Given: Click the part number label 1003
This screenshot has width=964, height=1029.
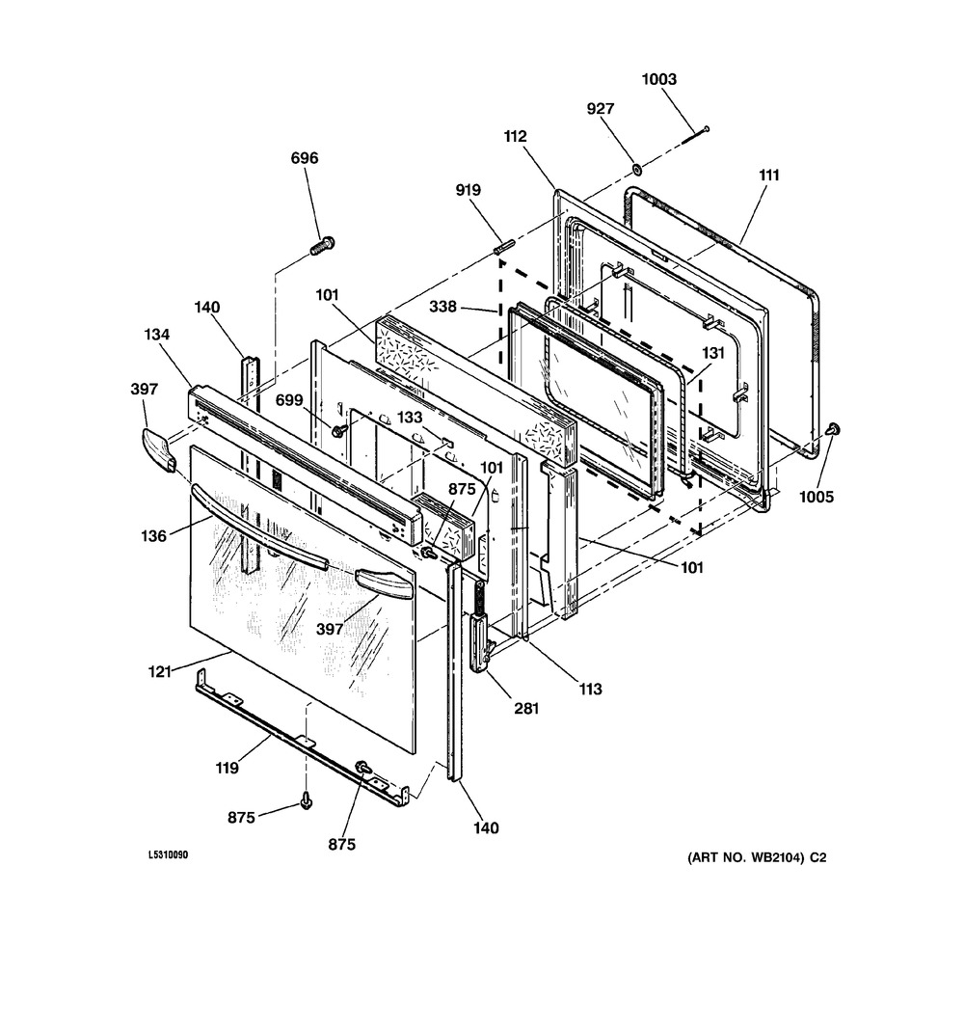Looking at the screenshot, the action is click(658, 79).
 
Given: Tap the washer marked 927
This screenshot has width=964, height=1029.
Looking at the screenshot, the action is click(636, 170).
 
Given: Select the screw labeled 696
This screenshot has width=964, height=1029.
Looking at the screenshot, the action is click(322, 246).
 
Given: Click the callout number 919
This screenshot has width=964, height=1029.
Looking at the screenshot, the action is click(469, 190).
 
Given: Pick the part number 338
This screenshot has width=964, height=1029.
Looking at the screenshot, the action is click(442, 307).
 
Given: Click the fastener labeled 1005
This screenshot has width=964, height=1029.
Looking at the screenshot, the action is click(834, 430).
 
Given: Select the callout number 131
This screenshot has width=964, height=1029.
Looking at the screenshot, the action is click(713, 353).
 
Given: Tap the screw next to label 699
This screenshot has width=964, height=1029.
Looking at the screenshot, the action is click(339, 430).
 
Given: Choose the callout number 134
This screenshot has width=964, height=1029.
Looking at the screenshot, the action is click(157, 335).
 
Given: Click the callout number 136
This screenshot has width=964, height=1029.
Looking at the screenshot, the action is click(153, 536).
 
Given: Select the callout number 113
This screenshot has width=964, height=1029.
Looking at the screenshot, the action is click(590, 690).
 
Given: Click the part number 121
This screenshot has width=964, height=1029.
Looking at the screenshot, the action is click(159, 672).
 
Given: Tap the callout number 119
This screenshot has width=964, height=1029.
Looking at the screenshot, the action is click(227, 768).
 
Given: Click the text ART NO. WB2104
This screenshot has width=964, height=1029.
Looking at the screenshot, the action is click(745, 857).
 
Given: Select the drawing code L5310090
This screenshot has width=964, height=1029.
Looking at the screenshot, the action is click(168, 855).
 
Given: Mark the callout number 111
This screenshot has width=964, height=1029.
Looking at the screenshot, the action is click(769, 176).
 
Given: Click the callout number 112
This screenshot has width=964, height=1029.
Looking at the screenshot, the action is click(515, 137).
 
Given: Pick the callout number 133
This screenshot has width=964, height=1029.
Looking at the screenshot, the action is click(410, 418).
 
